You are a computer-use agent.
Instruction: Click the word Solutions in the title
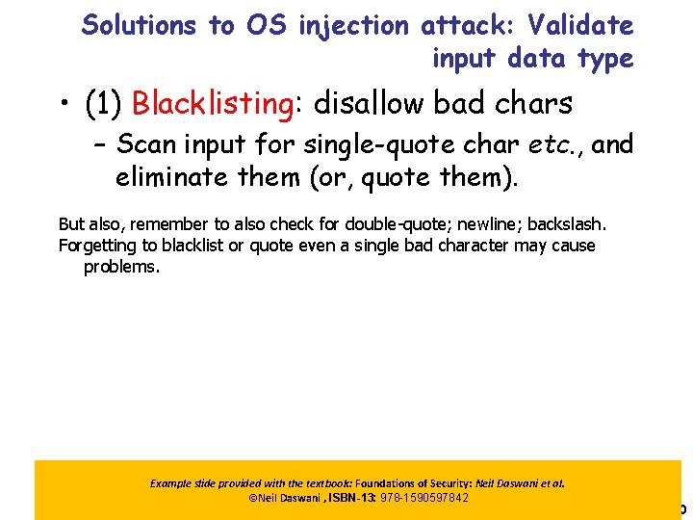pyautogui.click(x=140, y=26)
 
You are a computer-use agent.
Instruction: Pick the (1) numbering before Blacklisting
pyautogui.click(x=104, y=103)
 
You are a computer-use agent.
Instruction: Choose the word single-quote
pyautogui.click(x=372, y=145)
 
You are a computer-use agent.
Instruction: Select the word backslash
pyautogui.click(x=568, y=224)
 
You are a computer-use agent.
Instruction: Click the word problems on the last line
pyautogui.click(x=121, y=267)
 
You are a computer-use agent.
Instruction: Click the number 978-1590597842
pyautogui.click(x=425, y=498)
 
